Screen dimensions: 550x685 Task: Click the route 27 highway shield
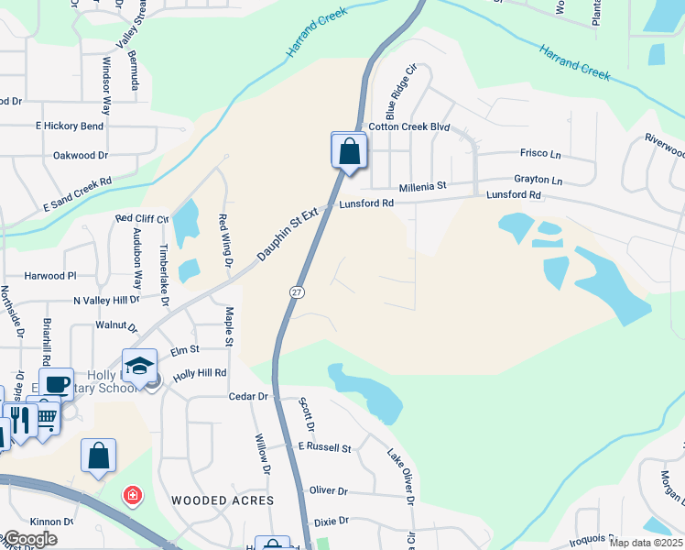(297, 291)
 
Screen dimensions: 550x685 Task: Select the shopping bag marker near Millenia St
(349, 150)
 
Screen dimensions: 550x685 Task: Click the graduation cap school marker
(139, 366)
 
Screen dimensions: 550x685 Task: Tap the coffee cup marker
(56, 384)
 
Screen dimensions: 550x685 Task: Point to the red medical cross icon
(133, 496)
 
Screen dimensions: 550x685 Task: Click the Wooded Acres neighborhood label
(223, 500)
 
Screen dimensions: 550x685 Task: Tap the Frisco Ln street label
(539, 153)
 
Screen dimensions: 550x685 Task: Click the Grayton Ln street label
(538, 180)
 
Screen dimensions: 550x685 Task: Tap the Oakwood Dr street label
(82, 156)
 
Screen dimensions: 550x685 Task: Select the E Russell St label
(325, 447)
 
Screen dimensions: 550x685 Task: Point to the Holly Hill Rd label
(200, 374)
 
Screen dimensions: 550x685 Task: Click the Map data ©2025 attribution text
(647, 543)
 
